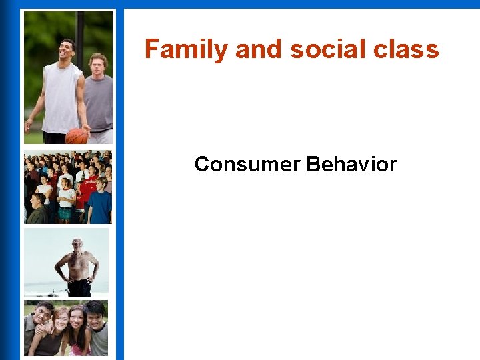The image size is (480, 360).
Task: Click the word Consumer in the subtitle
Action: click(247, 164)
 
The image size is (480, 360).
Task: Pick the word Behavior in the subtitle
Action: click(351, 164)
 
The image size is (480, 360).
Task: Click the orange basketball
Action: click(77, 136)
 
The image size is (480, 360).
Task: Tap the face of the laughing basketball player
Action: click(67, 50)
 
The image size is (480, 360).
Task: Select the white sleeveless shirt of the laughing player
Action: click(61, 97)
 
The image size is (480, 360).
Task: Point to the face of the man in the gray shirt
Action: click(97, 65)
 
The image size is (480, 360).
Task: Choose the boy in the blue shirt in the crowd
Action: click(100, 203)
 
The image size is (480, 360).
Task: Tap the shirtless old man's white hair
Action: click(77, 241)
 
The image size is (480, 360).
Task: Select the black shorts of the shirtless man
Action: click(79, 286)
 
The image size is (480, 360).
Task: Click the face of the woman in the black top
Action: click(60, 321)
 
